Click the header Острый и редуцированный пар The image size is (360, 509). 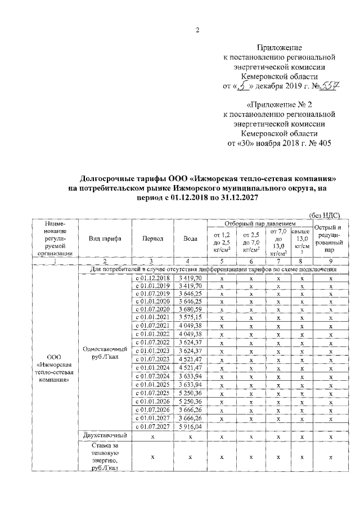pyautogui.click(x=331, y=238)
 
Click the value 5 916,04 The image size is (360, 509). pyautogui.click(x=190, y=427)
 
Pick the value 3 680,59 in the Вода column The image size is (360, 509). pyautogui.click(x=190, y=309)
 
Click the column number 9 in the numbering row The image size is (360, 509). pyautogui.click(x=331, y=261)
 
